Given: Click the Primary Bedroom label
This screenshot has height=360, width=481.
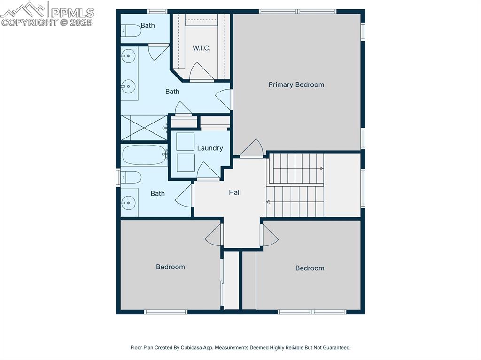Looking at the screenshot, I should point(296,85).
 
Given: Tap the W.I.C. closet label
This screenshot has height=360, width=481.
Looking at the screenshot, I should point(202,48).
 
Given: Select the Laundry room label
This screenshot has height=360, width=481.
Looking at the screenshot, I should point(209,148).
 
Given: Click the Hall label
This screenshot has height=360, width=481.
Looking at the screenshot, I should point(235,192).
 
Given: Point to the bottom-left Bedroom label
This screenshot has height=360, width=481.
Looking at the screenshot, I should point(170,267).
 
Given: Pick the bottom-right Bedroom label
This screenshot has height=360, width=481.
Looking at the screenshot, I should point(310,268).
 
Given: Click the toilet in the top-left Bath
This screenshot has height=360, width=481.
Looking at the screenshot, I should point(131,31).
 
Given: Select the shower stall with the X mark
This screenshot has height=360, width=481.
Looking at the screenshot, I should point(144,128).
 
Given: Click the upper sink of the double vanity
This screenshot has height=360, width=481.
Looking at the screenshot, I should point(128,57).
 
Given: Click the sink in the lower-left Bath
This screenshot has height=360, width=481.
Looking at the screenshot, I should point(128,203).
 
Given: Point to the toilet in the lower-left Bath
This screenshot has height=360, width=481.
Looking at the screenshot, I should point(131,177).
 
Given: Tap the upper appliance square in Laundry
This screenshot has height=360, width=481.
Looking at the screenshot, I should point(185,142).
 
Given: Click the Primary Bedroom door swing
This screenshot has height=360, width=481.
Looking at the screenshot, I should point(253,148).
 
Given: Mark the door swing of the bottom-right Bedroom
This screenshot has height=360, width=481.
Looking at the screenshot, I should point(269,236).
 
